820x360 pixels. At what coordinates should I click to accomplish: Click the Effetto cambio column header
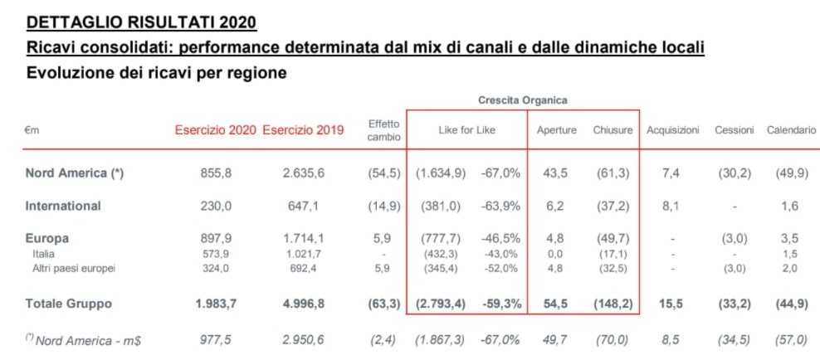[x=383, y=130]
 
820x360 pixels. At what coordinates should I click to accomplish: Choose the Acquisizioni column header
[x=673, y=130]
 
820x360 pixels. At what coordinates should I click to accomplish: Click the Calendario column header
[x=791, y=130]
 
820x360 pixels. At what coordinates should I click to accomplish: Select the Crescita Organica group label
[x=522, y=100]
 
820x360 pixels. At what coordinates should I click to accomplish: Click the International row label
[x=63, y=206]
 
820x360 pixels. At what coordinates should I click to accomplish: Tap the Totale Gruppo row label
[x=68, y=304]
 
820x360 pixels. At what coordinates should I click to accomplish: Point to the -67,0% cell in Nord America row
[x=502, y=173]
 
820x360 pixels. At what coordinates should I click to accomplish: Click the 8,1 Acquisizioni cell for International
[x=672, y=206]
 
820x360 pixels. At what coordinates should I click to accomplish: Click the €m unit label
[x=32, y=130]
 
